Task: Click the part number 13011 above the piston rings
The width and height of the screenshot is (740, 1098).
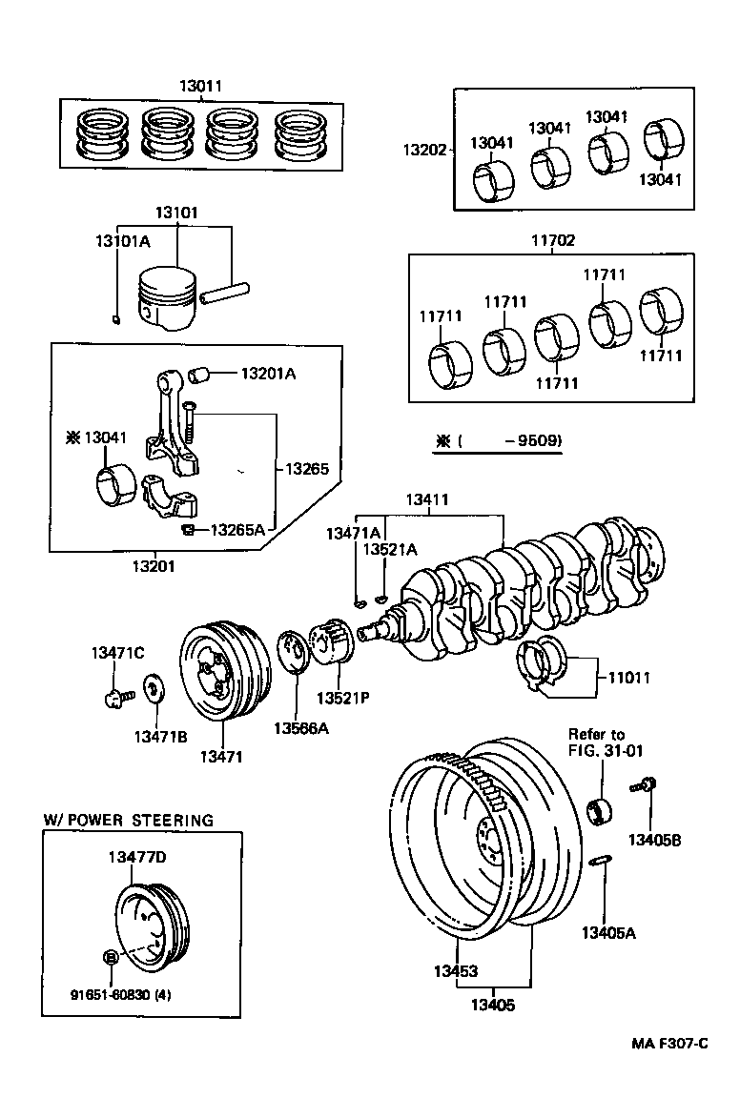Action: [x=200, y=86]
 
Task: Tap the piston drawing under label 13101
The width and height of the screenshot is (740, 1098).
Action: [x=165, y=298]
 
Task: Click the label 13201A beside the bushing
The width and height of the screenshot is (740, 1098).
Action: [x=268, y=374]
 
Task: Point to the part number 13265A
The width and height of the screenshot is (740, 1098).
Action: [x=237, y=529]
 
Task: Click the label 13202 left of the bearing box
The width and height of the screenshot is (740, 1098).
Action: [x=424, y=150]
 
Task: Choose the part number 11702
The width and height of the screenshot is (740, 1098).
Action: [x=552, y=240]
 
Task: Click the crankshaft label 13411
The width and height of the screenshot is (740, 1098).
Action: [x=427, y=499]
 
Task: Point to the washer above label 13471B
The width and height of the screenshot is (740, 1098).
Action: [x=154, y=687]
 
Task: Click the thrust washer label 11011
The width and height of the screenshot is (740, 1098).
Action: [x=628, y=677]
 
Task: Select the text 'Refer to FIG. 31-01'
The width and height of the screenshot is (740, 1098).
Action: [x=606, y=742]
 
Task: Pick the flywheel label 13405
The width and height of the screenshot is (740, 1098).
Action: [x=493, y=1005]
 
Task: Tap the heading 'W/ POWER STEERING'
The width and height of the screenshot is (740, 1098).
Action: [x=128, y=820]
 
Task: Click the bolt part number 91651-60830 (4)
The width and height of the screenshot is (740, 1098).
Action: [x=120, y=994]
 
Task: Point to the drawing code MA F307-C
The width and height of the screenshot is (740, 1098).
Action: [x=670, y=1044]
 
